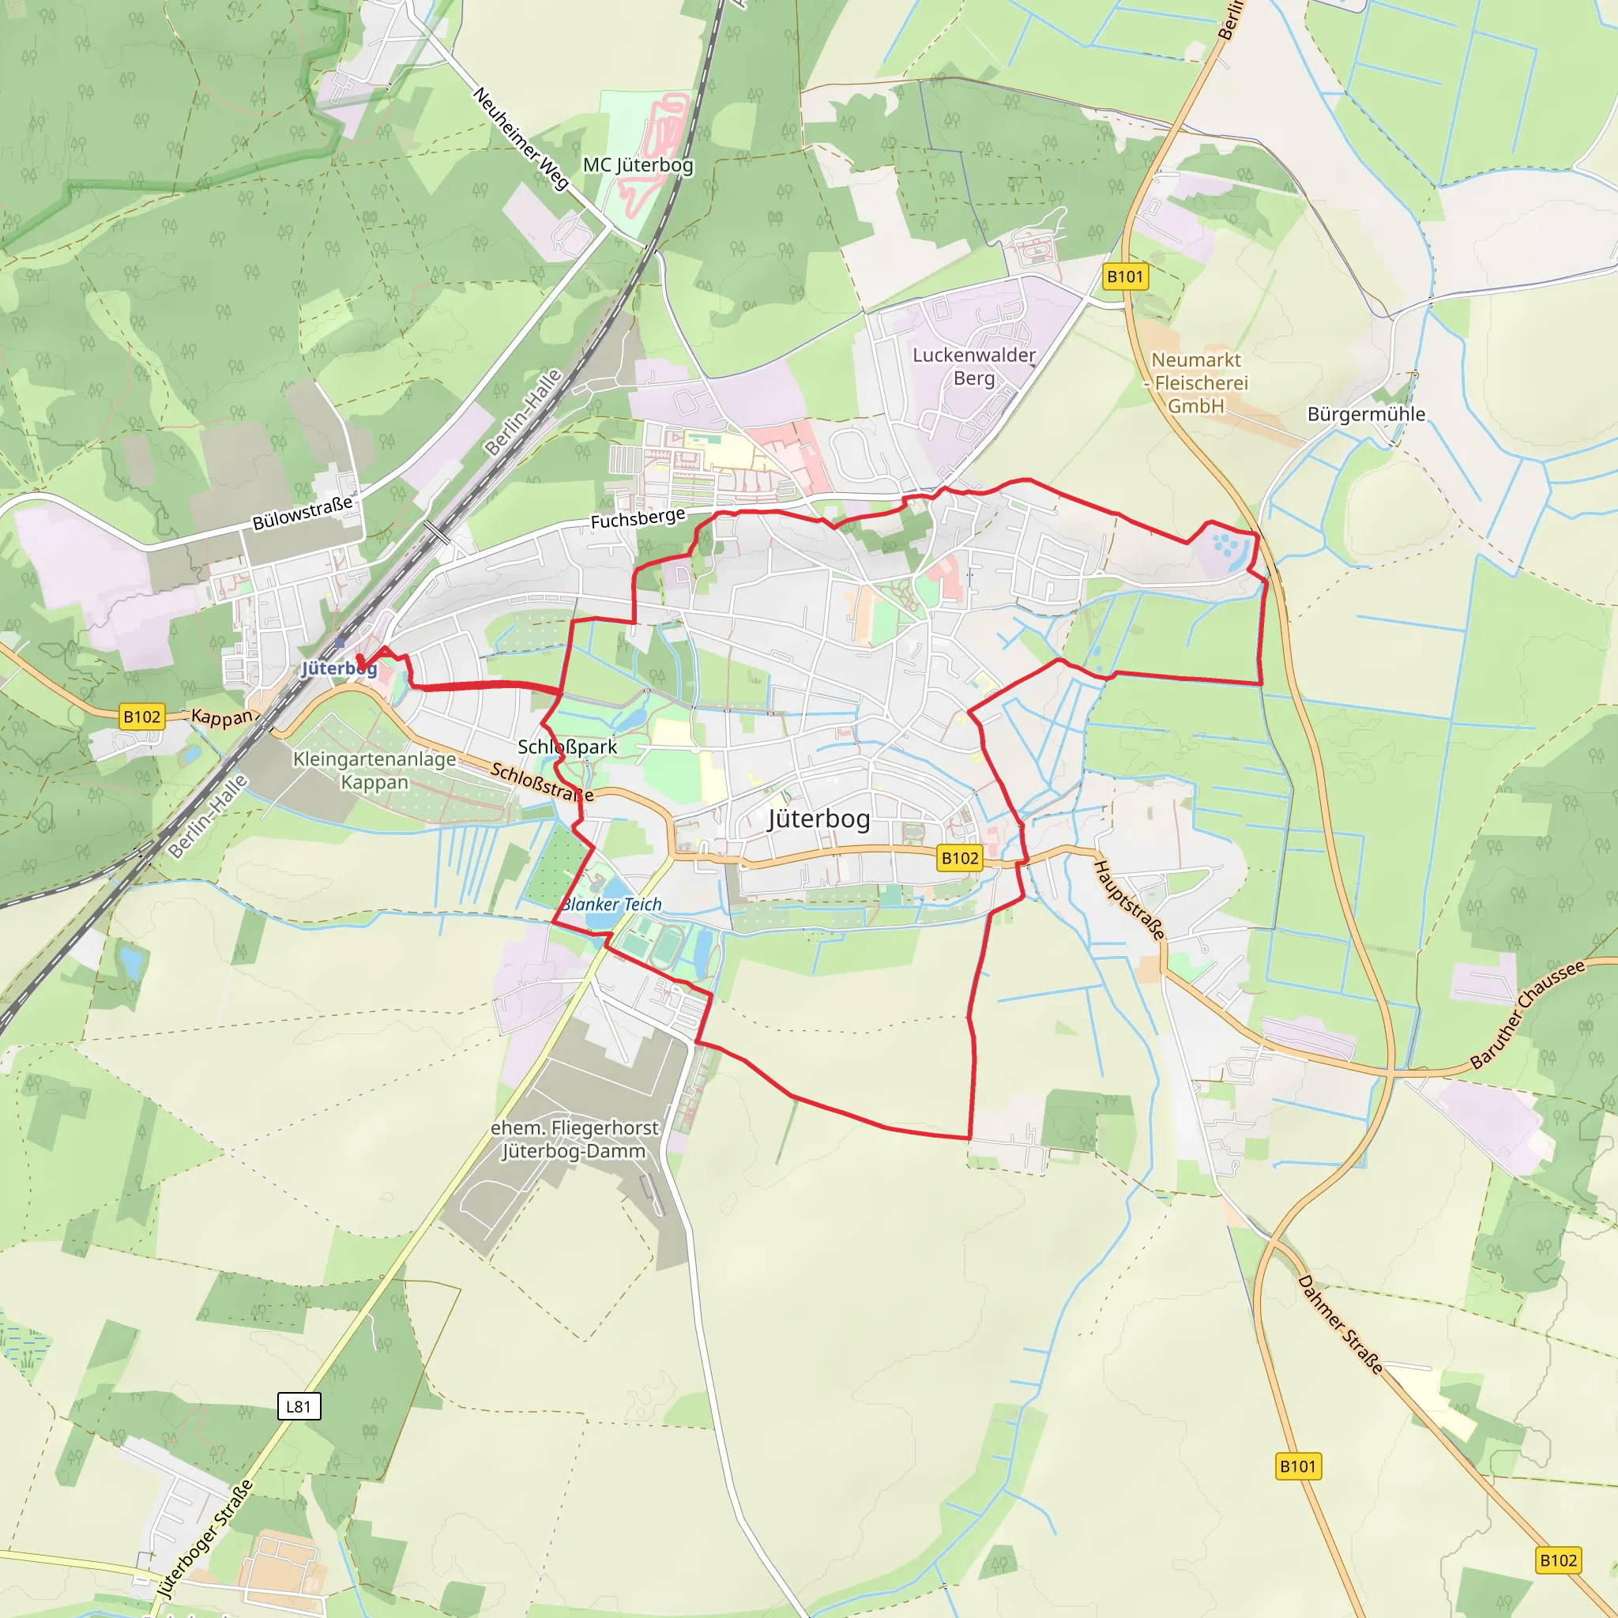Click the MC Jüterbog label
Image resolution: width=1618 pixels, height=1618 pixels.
click(x=638, y=165)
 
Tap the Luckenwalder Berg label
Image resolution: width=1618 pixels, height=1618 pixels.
click(x=974, y=367)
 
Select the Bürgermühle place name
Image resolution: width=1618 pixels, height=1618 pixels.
click(x=1366, y=415)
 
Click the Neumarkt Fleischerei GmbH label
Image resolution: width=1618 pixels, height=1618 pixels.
click(x=1196, y=382)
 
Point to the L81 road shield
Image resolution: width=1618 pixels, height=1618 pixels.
click(x=299, y=1406)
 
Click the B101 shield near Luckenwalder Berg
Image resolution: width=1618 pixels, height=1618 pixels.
click(x=1125, y=277)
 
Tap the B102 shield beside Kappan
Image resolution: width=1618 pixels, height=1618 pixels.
click(x=141, y=717)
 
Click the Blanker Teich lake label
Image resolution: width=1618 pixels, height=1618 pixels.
click(x=611, y=905)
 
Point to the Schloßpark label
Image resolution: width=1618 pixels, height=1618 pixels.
click(x=567, y=747)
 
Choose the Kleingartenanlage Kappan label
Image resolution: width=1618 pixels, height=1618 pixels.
click(x=374, y=770)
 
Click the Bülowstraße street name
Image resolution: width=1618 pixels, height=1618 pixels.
click(x=303, y=513)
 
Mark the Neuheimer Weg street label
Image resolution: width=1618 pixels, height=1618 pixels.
click(x=521, y=138)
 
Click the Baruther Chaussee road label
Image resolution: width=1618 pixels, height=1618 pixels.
click(x=1528, y=1014)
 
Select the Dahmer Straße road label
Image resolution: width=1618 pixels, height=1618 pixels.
click(x=1340, y=1324)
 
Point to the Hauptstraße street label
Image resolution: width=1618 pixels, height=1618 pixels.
click(x=1130, y=901)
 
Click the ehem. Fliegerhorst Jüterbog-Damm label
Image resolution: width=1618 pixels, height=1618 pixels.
click(x=574, y=1140)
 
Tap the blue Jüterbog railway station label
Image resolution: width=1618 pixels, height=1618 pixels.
click(x=338, y=668)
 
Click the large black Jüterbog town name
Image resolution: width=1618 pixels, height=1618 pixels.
click(x=819, y=818)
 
